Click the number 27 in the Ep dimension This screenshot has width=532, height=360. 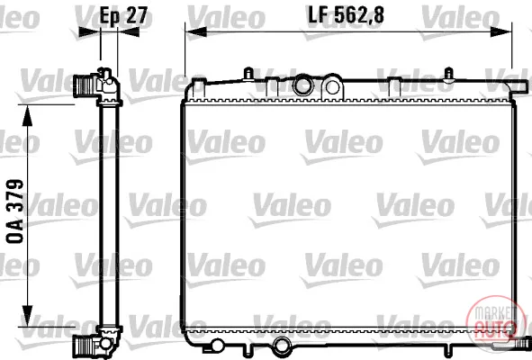137,15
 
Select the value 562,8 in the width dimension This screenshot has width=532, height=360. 359,15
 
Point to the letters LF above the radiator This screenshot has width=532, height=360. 319,15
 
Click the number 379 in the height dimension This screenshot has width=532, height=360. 15,195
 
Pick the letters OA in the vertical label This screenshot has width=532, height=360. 15,230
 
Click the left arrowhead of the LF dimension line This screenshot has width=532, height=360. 196,32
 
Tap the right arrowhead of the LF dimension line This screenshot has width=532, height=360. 501,32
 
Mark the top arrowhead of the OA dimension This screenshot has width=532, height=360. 27,116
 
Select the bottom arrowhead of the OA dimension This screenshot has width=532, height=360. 27,316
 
